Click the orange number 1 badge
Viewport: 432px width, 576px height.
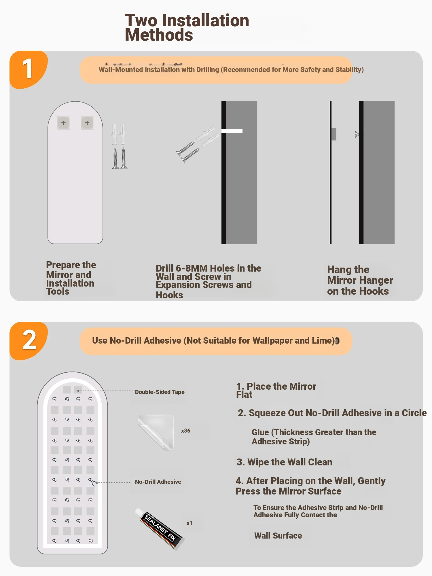tap(28, 69)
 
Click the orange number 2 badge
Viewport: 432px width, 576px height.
tap(28, 341)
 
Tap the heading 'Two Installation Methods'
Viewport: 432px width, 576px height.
tap(187, 28)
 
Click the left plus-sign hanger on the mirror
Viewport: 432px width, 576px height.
tap(63, 123)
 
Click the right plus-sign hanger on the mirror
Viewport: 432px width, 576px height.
tap(87, 123)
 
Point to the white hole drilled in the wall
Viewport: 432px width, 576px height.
tap(232, 131)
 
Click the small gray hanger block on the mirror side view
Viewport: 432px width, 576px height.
tap(334, 134)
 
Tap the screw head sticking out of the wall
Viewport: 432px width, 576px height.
tap(357, 134)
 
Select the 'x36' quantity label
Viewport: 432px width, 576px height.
tap(186, 431)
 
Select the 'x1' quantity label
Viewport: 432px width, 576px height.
tap(189, 523)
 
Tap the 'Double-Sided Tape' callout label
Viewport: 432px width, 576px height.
tap(160, 392)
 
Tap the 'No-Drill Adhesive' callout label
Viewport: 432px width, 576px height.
tap(158, 482)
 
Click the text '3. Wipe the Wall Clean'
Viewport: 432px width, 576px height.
tap(285, 462)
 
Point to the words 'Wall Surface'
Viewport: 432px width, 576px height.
tap(278, 536)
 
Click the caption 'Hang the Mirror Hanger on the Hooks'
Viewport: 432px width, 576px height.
tap(360, 280)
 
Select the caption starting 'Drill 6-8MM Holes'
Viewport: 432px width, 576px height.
tap(209, 281)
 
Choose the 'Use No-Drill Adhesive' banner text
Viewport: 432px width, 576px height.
tap(213, 341)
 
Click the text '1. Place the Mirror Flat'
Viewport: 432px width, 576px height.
tap(276, 390)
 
